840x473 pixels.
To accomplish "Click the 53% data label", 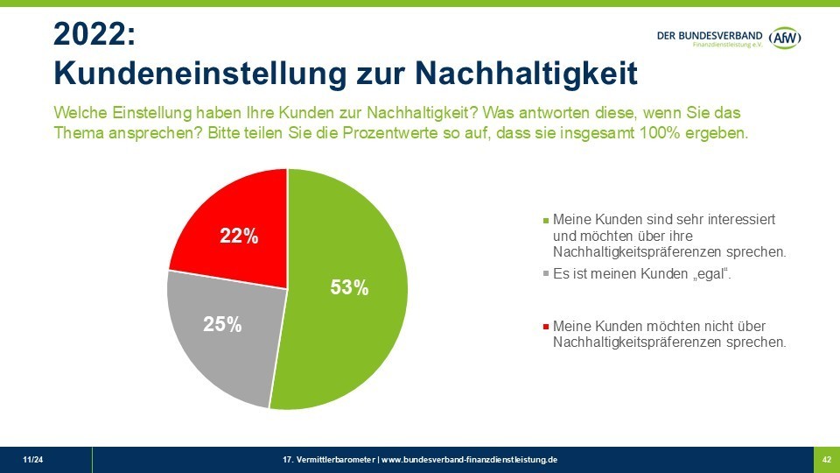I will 349,287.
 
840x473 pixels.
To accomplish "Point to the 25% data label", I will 222,324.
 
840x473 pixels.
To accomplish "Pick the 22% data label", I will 239,236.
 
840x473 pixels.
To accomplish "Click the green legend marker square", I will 547,220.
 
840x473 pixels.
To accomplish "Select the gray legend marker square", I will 547,275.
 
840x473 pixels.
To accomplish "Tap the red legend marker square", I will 547,327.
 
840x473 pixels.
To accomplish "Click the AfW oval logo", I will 784,38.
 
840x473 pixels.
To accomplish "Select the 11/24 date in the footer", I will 31,460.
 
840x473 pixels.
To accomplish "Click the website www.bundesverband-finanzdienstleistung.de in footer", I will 469,460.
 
